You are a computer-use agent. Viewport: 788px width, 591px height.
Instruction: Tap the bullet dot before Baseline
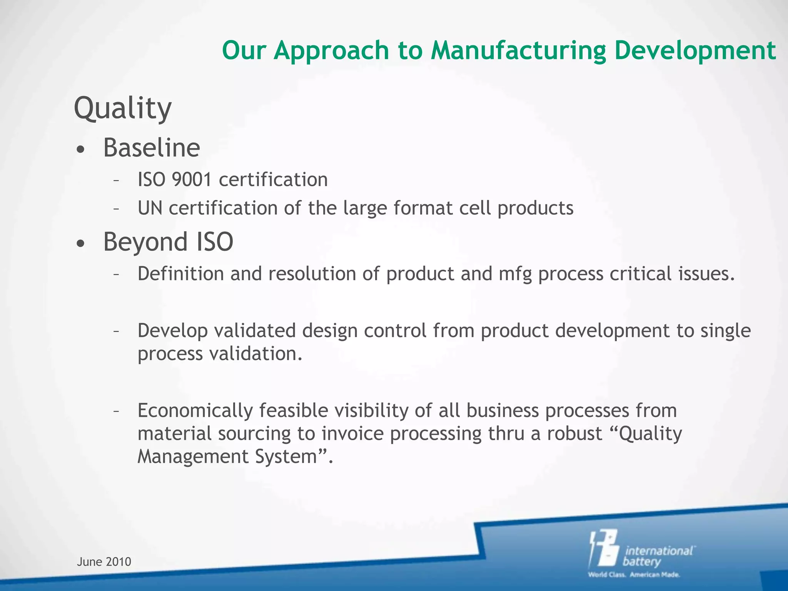coord(80,150)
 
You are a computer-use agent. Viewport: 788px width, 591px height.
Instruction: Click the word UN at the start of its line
coord(150,208)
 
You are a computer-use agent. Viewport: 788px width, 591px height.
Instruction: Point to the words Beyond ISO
coord(168,242)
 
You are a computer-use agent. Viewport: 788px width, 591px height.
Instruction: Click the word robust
coord(574,434)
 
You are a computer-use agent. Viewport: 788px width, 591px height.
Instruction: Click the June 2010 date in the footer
coord(104,562)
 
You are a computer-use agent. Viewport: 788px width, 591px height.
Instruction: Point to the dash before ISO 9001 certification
coord(116,180)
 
